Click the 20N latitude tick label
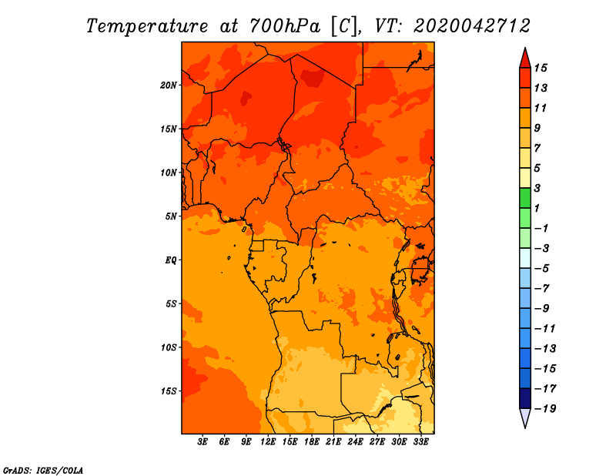coord(169,85)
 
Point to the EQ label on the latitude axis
coord(171,260)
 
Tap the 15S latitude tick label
coord(169,391)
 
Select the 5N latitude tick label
coord(170,216)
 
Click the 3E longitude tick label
coord(203,442)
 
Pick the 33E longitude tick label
coord(420,442)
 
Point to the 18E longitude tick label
coord(312,442)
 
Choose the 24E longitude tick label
coord(355,442)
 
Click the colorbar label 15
coord(541,68)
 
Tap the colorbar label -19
coord(544,408)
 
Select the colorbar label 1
coord(538,208)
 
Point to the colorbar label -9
coord(541,308)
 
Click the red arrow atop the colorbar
coord(524,59)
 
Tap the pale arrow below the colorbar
coord(524,418)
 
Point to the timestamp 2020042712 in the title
coord(471,25)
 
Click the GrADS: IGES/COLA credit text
coord(43,469)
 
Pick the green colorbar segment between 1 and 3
coord(524,198)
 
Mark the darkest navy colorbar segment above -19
coord(524,398)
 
